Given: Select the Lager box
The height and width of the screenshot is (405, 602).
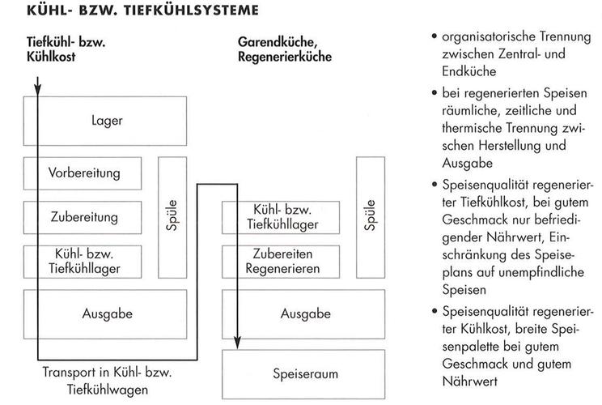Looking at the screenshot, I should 107,122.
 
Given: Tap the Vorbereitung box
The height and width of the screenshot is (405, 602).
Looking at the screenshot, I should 84,173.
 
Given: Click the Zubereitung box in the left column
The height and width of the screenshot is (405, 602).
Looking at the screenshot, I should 84,217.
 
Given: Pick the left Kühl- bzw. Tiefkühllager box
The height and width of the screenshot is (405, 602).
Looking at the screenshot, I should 84,259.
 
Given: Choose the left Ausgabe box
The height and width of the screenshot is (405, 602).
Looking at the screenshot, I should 108,313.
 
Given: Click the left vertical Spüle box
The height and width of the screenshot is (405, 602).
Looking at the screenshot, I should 172,215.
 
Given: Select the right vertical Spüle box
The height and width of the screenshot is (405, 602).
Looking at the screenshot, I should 370,215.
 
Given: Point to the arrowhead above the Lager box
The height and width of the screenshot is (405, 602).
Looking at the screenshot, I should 38,89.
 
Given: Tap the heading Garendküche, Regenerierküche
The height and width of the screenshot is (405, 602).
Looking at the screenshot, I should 283,49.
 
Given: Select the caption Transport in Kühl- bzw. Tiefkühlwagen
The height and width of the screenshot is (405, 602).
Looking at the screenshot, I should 108,380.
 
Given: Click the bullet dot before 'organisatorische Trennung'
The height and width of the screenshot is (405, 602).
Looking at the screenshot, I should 435,37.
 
